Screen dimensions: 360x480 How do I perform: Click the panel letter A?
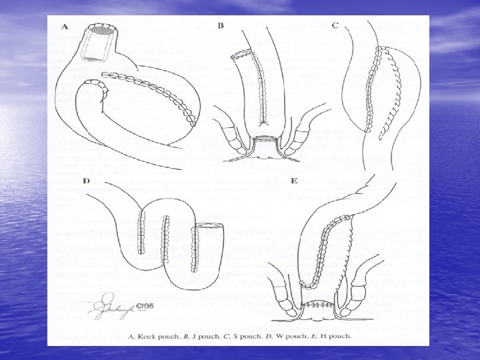pos(65,27)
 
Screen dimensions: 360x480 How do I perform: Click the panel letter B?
pos(221,26)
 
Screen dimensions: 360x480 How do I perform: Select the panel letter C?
pos(335,25)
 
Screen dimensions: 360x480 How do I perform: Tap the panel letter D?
pos(87,181)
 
